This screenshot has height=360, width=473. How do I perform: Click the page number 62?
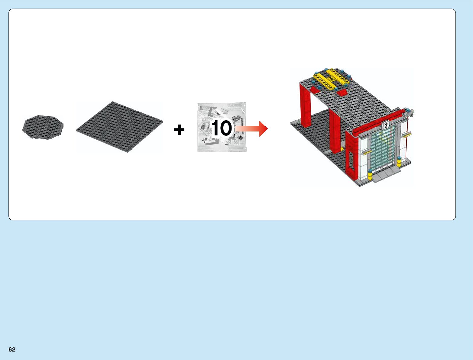click(x=12, y=349)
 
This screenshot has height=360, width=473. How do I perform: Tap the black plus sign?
click(x=179, y=130)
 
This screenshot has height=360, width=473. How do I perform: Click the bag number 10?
click(x=222, y=128)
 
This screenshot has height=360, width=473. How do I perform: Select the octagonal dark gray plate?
click(x=43, y=127)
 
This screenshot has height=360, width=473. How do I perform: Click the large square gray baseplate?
click(x=119, y=127)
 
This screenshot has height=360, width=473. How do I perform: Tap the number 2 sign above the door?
click(x=386, y=125)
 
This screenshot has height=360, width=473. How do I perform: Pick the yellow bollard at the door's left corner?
click(x=370, y=175)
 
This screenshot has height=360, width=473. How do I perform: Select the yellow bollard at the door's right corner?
click(x=399, y=162)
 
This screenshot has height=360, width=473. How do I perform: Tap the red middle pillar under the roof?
click(x=335, y=130)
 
